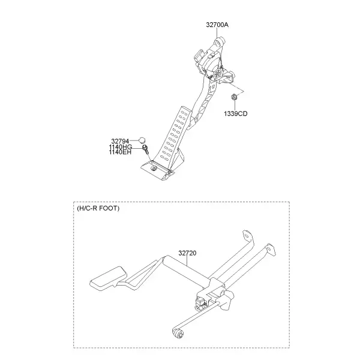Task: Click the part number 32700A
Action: [217, 25]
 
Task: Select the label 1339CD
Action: [236, 113]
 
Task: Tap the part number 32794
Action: [120, 141]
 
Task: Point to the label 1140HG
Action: [121, 147]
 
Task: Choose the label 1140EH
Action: [120, 152]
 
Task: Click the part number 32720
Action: [187, 253]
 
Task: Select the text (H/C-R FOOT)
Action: [98, 208]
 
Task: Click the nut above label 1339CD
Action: [234, 97]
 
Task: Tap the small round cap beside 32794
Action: [142, 140]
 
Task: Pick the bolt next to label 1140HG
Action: [146, 149]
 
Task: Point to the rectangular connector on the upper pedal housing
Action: [198, 55]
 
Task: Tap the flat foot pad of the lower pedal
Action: [109, 279]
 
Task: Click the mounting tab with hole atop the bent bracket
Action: [247, 235]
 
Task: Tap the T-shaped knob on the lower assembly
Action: [227, 299]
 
